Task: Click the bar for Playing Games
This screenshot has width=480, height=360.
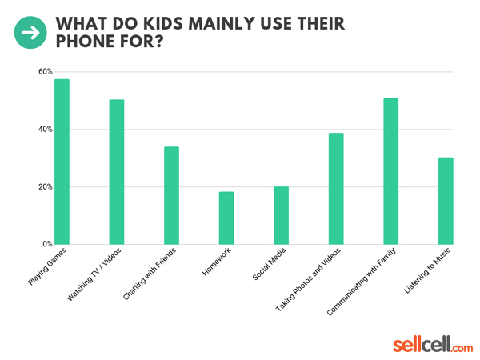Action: (x=62, y=162)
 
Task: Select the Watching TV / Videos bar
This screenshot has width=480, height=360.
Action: (x=117, y=172)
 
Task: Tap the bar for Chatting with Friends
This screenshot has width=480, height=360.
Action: (x=171, y=195)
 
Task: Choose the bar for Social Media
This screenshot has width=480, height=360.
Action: (x=281, y=215)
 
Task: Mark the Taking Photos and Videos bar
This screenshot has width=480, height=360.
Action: (x=336, y=189)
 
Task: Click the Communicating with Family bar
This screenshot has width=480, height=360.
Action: (x=390, y=171)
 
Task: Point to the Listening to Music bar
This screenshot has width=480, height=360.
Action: (x=446, y=201)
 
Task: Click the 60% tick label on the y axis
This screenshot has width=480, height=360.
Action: (x=45, y=72)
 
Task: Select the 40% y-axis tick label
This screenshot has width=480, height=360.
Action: (x=45, y=130)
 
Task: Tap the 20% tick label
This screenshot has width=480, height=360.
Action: (x=45, y=187)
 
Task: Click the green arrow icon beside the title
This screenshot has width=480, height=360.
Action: (x=31, y=32)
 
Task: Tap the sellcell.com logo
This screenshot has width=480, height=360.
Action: (x=433, y=345)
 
